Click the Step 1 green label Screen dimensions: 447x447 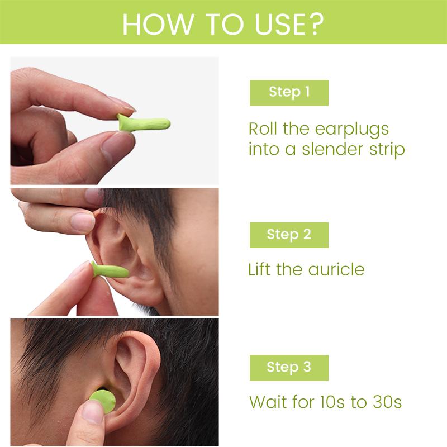(289, 93)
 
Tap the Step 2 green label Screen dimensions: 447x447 (289, 235)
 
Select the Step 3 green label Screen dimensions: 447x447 (289, 368)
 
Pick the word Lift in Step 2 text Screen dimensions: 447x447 (260, 270)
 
